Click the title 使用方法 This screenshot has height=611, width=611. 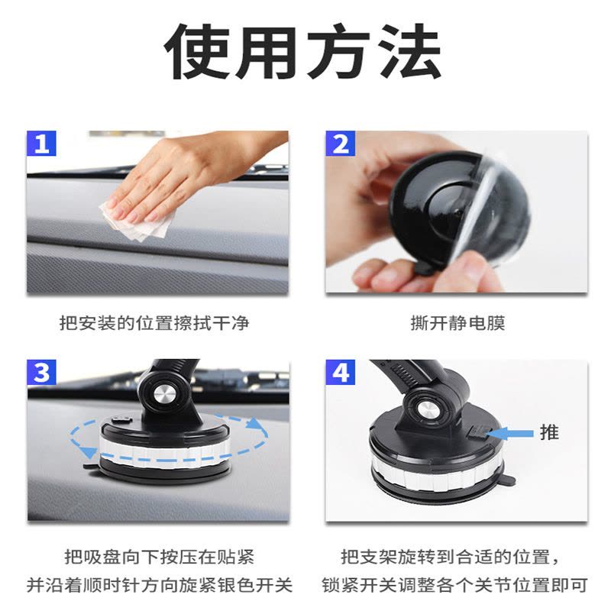click(302, 51)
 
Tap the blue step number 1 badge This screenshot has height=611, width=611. click(41, 144)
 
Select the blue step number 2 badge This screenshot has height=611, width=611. click(340, 144)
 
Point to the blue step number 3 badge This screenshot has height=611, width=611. click(41, 372)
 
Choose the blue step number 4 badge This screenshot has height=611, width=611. click(340, 372)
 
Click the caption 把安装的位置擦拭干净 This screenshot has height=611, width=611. click(154, 323)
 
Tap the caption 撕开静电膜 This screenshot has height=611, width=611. click(457, 323)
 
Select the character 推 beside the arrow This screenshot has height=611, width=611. click(549, 432)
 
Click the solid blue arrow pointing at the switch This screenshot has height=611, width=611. click(509, 434)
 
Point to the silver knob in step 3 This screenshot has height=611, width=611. click(166, 395)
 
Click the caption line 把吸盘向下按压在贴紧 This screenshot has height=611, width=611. click(160, 557)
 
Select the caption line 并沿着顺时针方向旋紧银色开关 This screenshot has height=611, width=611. click(160, 585)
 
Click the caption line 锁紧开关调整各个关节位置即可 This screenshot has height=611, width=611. click(454, 585)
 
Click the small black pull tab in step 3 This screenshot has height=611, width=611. click(90, 466)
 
